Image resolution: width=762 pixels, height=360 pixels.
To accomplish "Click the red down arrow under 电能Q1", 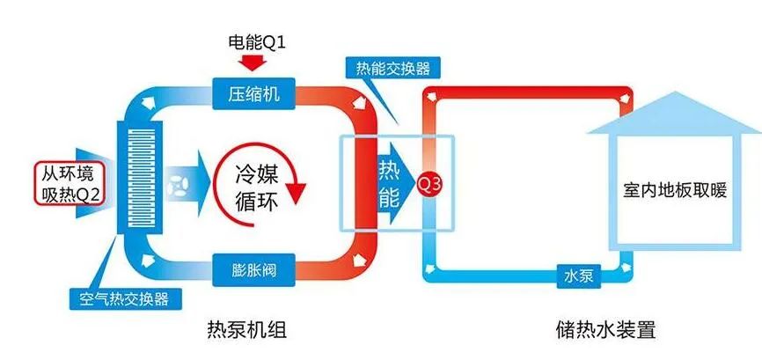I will pyautogui.click(x=253, y=62).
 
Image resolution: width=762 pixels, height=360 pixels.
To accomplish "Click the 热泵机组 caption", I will pyautogui.click(x=254, y=332).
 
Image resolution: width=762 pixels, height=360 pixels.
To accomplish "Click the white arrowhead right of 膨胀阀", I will pyautogui.click(x=357, y=260).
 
